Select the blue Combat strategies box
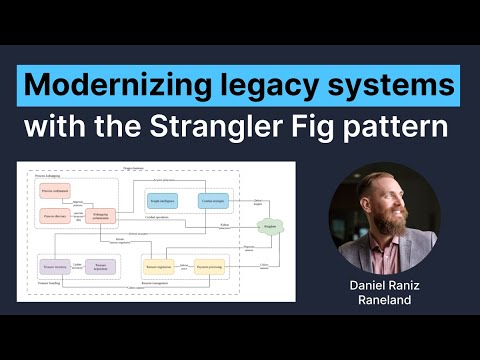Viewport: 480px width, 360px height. click(x=213, y=201)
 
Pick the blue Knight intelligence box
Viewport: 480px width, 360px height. click(x=163, y=201)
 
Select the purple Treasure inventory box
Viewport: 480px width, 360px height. click(x=55, y=267)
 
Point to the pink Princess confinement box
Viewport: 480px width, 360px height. click(x=55, y=190)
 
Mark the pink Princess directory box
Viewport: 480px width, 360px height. click(x=55, y=215)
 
